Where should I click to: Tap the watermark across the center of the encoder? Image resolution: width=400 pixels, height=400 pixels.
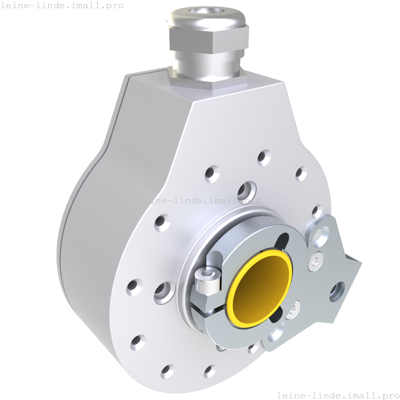pos(200,201)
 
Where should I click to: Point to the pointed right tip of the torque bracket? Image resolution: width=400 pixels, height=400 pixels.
pos(360,263)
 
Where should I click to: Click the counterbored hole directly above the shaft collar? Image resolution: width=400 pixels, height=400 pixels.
pos(246,191)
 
